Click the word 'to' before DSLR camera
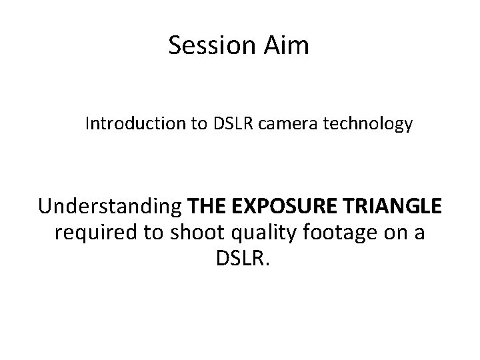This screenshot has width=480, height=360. pos(197,124)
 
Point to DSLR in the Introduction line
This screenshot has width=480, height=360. pos(230,124)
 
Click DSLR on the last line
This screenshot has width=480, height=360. pos(238,259)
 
